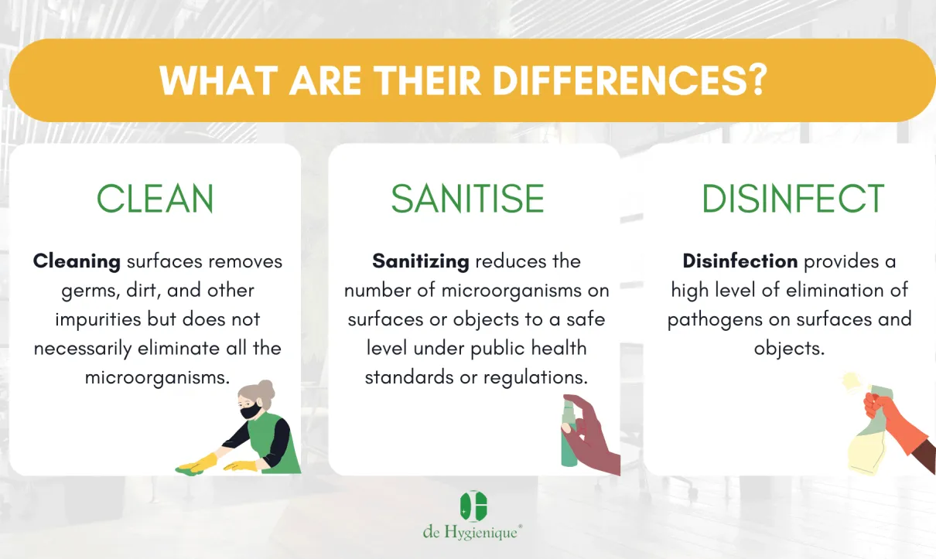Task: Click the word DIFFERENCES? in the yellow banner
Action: [630, 80]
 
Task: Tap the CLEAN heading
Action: [155, 199]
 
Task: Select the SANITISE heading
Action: [467, 199]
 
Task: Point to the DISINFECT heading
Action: [793, 199]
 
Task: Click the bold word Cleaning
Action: [77, 262]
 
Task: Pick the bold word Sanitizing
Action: [421, 262]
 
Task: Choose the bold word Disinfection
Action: [740, 261]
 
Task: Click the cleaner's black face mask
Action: [251, 411]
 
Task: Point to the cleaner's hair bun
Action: [267, 388]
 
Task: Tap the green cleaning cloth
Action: [190, 469]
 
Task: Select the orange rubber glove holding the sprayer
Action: [894, 422]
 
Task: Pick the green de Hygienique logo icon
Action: [473, 506]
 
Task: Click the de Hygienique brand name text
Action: [472, 532]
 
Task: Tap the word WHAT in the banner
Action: [219, 80]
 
